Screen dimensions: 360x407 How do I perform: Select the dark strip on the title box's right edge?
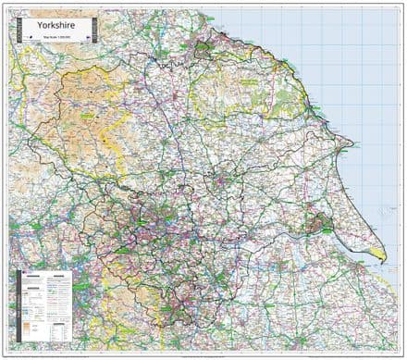click(x=89, y=31)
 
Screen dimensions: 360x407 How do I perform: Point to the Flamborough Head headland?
click(x=351, y=144)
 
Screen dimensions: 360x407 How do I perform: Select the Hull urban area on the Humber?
click(x=317, y=222)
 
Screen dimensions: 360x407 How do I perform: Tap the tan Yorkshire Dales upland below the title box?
click(x=83, y=102)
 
